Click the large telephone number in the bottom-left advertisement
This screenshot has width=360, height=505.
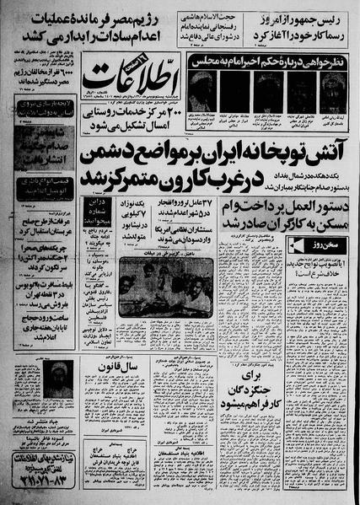coord(42,485)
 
